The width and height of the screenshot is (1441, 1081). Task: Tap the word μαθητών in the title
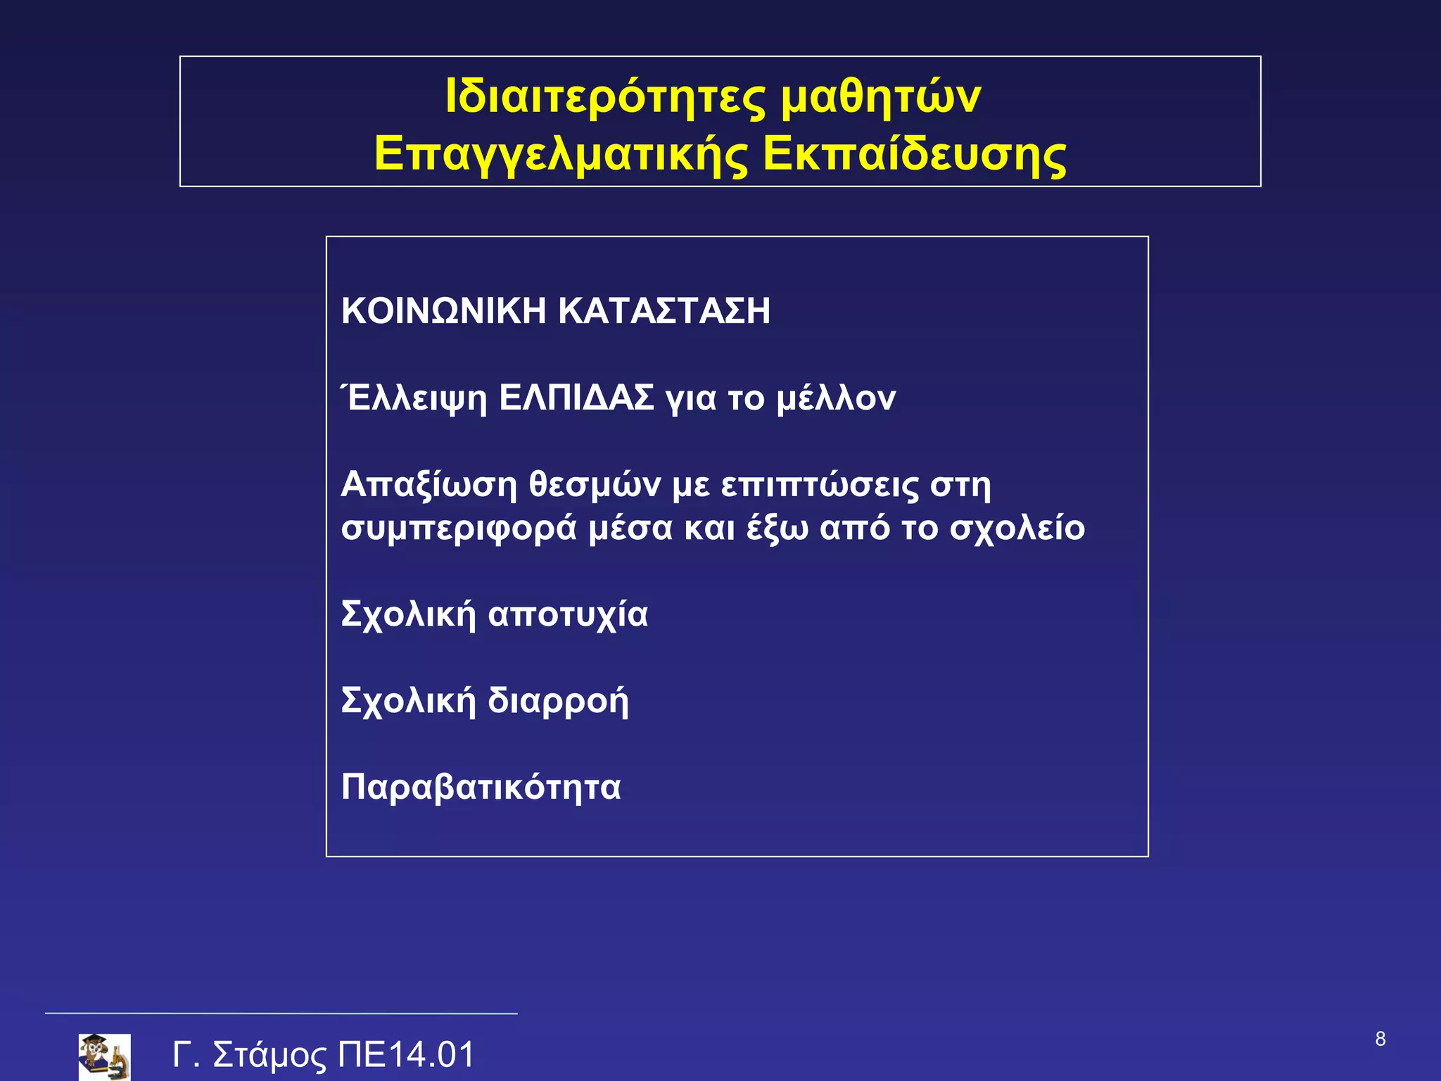click(881, 96)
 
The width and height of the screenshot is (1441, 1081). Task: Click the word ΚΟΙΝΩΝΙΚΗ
click(443, 311)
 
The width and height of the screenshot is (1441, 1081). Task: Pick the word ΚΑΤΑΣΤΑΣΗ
click(664, 311)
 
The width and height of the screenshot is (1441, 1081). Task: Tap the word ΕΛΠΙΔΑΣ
click(576, 398)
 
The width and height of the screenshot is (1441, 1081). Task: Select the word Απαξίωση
click(429, 485)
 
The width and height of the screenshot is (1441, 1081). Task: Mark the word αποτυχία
click(568, 614)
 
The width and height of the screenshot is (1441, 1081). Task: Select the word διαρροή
click(558, 702)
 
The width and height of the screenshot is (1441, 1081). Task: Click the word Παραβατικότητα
click(481, 787)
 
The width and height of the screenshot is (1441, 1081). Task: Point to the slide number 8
click(1380, 1039)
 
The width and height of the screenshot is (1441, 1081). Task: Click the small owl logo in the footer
click(104, 1056)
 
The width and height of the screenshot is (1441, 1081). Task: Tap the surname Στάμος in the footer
click(269, 1055)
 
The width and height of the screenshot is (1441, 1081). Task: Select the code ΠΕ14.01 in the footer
click(407, 1054)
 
